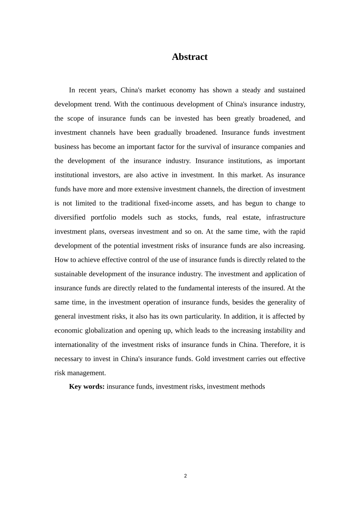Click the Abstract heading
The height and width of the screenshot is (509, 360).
click(189, 57)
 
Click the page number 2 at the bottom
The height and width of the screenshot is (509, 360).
click(185, 476)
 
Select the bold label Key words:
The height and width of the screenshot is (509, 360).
click(87, 387)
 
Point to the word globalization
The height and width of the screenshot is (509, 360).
click(104, 331)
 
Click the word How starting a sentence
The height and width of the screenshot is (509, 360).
click(61, 260)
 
